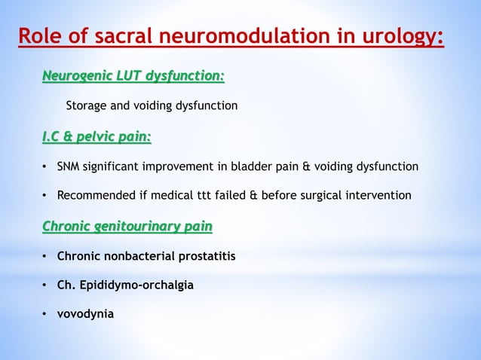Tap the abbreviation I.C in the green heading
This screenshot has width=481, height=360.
point(54,136)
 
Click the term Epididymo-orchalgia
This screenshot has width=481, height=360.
point(130,285)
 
